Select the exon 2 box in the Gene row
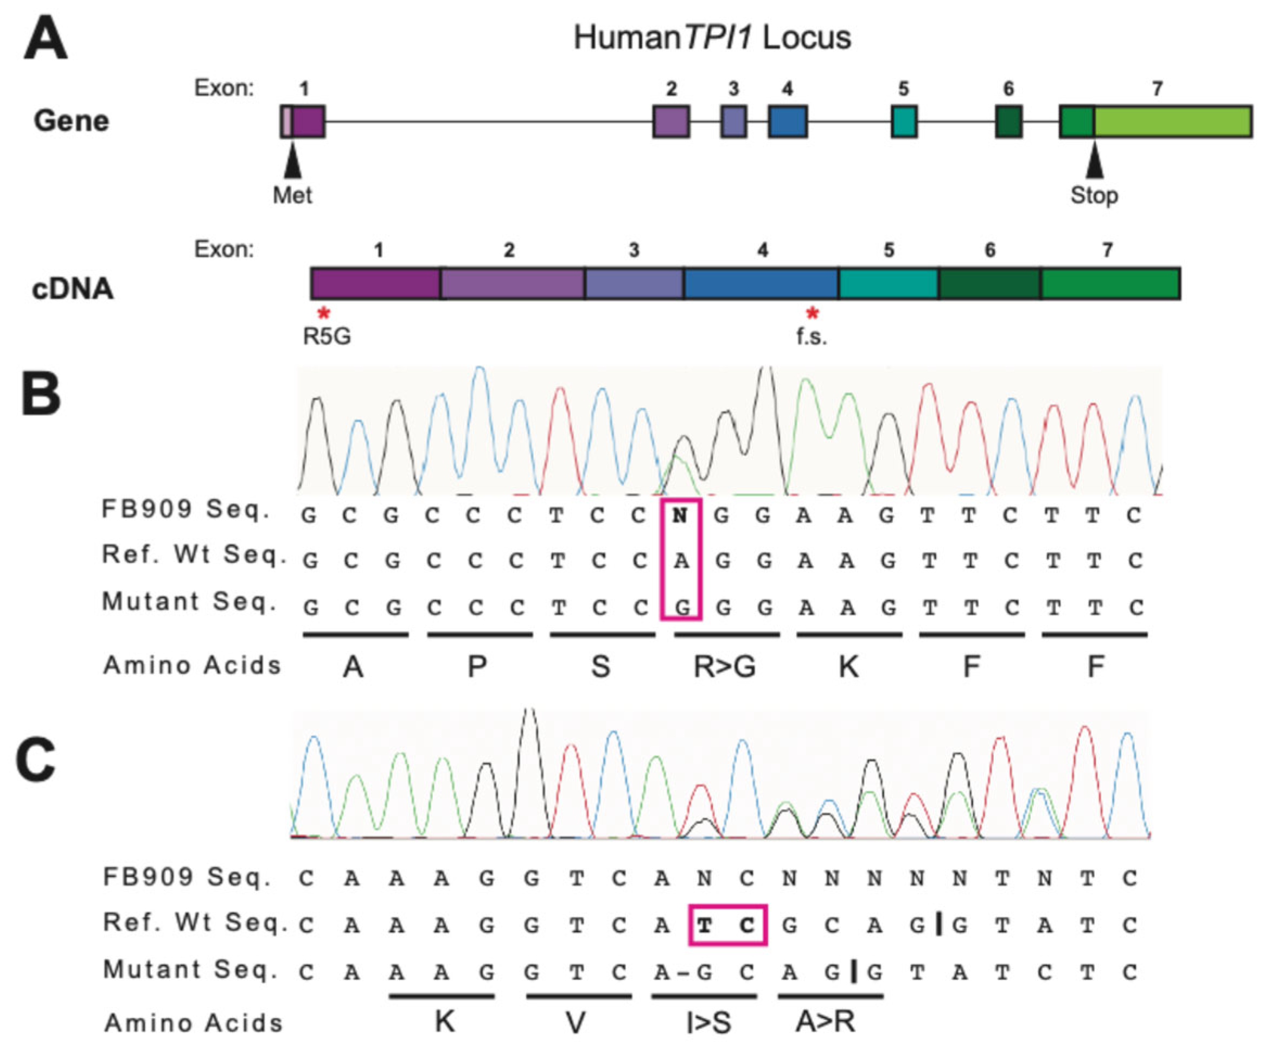pyautogui.click(x=671, y=121)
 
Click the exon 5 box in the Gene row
pyautogui.click(x=904, y=121)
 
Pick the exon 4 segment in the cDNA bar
pyautogui.click(x=761, y=283)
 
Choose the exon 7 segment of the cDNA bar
pyautogui.click(x=1110, y=283)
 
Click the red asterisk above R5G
pyautogui.click(x=324, y=314)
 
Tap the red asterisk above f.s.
pyautogui.click(x=813, y=314)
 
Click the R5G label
pyautogui.click(x=327, y=336)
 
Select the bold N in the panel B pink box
pyautogui.click(x=681, y=516)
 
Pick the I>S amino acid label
pyautogui.click(x=708, y=1022)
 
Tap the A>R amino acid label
pyautogui.click(x=825, y=1021)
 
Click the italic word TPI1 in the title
pyautogui.click(x=718, y=37)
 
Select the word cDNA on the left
pyautogui.click(x=72, y=289)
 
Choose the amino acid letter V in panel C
pyautogui.click(x=576, y=1022)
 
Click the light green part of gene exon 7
pyautogui.click(x=1172, y=121)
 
